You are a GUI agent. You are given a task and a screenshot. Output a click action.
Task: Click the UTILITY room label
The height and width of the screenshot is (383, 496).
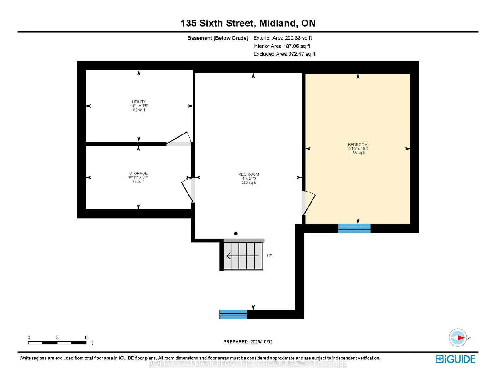(x=139, y=102)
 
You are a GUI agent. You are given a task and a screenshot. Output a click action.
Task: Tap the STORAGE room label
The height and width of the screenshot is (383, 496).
(x=138, y=173)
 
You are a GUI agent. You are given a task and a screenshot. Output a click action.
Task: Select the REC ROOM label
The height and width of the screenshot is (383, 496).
(x=249, y=174)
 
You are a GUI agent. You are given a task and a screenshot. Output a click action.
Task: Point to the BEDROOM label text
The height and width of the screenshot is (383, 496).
(x=358, y=145)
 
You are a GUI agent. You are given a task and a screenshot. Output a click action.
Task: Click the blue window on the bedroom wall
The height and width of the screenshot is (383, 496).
(x=354, y=228)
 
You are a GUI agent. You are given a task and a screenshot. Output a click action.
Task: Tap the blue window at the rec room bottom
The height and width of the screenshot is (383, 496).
(x=233, y=314)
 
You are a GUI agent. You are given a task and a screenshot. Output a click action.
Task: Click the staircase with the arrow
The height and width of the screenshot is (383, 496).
(x=242, y=255)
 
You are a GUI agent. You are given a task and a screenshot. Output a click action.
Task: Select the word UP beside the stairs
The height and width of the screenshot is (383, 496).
(x=270, y=256)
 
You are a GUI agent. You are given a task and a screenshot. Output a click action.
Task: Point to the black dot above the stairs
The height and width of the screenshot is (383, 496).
(x=236, y=234)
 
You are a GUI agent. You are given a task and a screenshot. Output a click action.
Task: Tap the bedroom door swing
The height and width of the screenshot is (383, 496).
(x=308, y=203)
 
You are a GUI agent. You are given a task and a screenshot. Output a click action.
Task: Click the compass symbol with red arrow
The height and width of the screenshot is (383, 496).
(x=458, y=338)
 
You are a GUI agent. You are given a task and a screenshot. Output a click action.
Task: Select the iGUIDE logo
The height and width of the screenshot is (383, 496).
(x=455, y=359)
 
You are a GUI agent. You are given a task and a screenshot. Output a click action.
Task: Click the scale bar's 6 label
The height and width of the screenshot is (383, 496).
(x=86, y=337)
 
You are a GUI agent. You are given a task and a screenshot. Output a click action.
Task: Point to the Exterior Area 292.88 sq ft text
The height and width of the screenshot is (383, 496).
(x=283, y=38)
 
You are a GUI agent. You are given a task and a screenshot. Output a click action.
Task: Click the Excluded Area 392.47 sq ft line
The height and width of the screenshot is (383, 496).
(x=284, y=54)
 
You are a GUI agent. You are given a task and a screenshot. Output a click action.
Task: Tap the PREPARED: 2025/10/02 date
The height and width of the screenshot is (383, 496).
(x=248, y=342)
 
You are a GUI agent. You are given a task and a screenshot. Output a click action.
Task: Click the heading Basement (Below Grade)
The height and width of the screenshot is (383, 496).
(x=218, y=38)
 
